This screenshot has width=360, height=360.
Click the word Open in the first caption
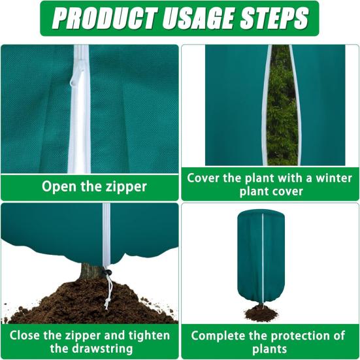click(59, 186)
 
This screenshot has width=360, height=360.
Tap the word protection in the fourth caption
click(295, 336)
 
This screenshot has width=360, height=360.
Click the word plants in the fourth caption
click(269, 349)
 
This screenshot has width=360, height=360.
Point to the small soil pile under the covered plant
click(261, 314)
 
